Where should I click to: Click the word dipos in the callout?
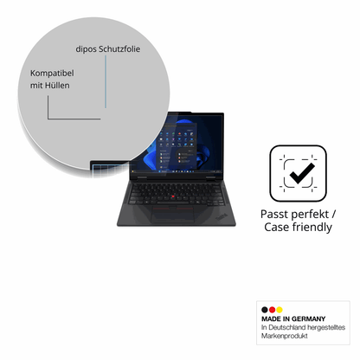point(86,49)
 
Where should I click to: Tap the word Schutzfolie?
point(119,48)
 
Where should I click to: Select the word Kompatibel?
point(52,74)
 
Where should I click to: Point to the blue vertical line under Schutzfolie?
point(106,81)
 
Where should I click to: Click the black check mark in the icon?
point(302,173)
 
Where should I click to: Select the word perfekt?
point(312,215)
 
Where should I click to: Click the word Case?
point(277,227)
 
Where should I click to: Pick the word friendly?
point(312,228)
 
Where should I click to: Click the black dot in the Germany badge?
point(265,310)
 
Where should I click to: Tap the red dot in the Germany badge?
point(272,310)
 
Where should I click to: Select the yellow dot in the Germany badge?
point(280,310)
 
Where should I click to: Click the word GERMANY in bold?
point(308,318)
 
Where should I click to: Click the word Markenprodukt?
point(285,336)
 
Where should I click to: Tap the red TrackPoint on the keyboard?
point(173,196)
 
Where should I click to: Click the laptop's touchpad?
point(173,215)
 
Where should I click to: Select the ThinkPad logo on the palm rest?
point(222,217)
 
